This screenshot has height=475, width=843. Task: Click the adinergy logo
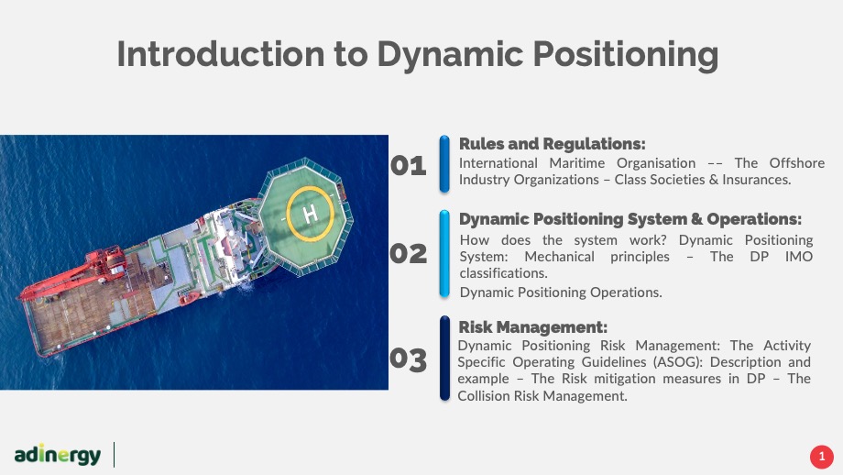pos(58,455)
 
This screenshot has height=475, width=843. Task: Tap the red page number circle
pos(822,457)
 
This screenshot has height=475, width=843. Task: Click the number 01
pos(408,166)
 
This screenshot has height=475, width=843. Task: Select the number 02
pos(408,254)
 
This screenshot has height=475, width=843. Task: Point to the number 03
pos(408,359)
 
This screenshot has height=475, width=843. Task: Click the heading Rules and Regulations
pos(552,144)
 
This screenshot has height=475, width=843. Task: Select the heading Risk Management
pos(532,327)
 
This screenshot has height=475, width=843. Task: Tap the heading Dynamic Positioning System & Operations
pos(630,219)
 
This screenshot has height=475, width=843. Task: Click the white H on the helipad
pos(311,215)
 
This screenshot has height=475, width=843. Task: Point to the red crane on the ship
pos(75,274)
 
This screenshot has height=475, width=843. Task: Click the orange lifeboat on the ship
pos(188,297)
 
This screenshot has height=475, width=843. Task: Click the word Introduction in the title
pos(221,54)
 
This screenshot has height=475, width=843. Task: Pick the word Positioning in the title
pos(625,55)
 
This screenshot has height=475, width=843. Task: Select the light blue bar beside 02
pos(444,253)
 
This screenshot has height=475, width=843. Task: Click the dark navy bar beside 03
pos(444,359)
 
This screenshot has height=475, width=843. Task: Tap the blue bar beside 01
pos(444,164)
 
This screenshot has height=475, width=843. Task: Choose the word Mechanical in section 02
pos(559,257)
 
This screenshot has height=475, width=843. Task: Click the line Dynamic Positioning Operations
pos(561,293)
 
